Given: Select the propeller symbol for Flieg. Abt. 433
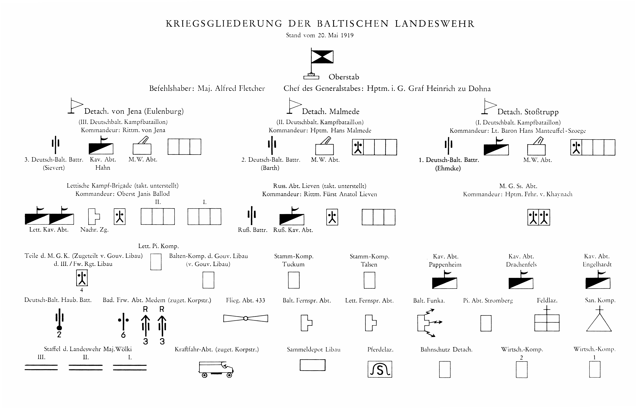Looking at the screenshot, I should pyautogui.click(x=245, y=318).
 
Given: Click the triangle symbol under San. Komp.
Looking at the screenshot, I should pyautogui.click(x=599, y=322).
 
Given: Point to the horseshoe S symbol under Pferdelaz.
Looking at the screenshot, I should pyautogui.click(x=380, y=369).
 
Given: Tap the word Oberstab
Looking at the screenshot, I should pyautogui.click(x=344, y=77).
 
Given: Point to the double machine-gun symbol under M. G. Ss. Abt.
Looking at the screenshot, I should pyautogui.click(x=539, y=217).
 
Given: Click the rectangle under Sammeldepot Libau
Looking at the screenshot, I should pyautogui.click(x=312, y=365).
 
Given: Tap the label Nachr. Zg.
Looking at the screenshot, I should pyautogui.click(x=95, y=230).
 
